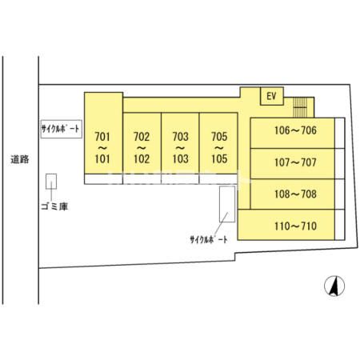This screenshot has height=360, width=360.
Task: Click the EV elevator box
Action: point(272,96)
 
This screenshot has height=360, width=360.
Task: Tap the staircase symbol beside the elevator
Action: point(300,107)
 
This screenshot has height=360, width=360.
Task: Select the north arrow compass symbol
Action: point(334,286)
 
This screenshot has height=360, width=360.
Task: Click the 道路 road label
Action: point(20,159)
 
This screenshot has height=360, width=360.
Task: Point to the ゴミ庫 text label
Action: point(54,206)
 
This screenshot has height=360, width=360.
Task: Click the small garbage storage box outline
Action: point(51,182)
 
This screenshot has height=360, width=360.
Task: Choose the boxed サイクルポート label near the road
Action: point(61,129)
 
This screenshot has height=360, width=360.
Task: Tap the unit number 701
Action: point(102,137)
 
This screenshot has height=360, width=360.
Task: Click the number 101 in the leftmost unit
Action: point(102,159)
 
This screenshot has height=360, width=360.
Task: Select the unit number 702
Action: point(142,137)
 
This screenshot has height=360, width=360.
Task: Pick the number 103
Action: point(181,159)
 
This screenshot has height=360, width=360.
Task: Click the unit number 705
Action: point(219,137)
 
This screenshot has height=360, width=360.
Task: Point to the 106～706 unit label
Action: point(295,130)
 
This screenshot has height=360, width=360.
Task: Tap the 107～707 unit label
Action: point(295,162)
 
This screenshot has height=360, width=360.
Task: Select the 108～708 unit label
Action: point(295,194)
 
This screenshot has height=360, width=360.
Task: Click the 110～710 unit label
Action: point(295,226)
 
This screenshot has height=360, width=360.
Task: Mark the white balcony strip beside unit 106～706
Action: point(340,133)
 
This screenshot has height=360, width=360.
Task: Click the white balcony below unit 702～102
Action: point(142,179)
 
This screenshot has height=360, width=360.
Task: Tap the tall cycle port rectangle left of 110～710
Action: point(227,204)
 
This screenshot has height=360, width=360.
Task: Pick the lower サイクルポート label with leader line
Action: point(209,239)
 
